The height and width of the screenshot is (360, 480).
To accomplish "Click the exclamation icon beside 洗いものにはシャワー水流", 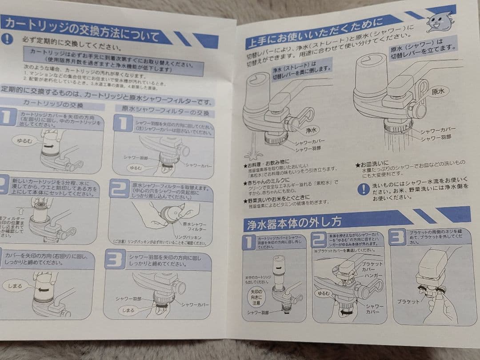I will pos(363,189).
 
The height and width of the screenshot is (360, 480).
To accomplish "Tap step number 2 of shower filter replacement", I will pos(119,188).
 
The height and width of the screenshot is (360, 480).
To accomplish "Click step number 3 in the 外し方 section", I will pos(397,237).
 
